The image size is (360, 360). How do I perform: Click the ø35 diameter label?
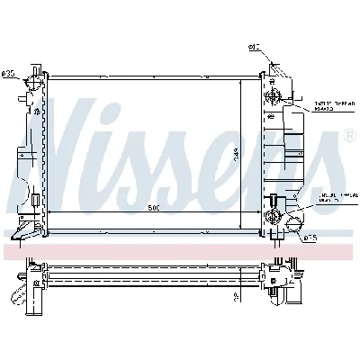[11, 74]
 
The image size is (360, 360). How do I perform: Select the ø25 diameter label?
[308, 238]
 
